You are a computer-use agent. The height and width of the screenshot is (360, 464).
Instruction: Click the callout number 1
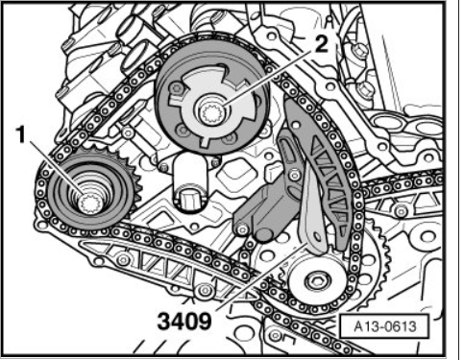click(21, 134)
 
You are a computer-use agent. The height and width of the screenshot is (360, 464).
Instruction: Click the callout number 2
click(321, 44)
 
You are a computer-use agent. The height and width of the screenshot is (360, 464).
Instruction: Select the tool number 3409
click(184, 321)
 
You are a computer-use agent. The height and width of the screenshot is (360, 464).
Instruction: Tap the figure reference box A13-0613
click(384, 326)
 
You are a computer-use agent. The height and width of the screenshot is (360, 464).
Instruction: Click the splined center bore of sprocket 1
click(89, 203)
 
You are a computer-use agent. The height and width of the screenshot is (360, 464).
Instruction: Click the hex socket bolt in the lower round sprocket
click(317, 280)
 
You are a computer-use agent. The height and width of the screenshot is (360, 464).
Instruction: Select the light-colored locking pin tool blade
click(311, 209)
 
